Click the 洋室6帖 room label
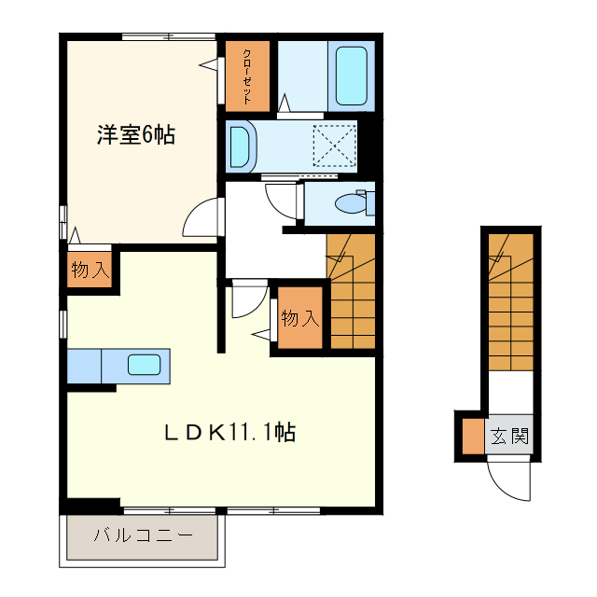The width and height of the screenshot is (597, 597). click(136, 134)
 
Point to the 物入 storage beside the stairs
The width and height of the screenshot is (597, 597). click(299, 319)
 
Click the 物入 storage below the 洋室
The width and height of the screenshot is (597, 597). click(90, 271)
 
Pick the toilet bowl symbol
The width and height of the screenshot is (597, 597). click(354, 201)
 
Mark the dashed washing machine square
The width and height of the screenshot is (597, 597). click(335, 146)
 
